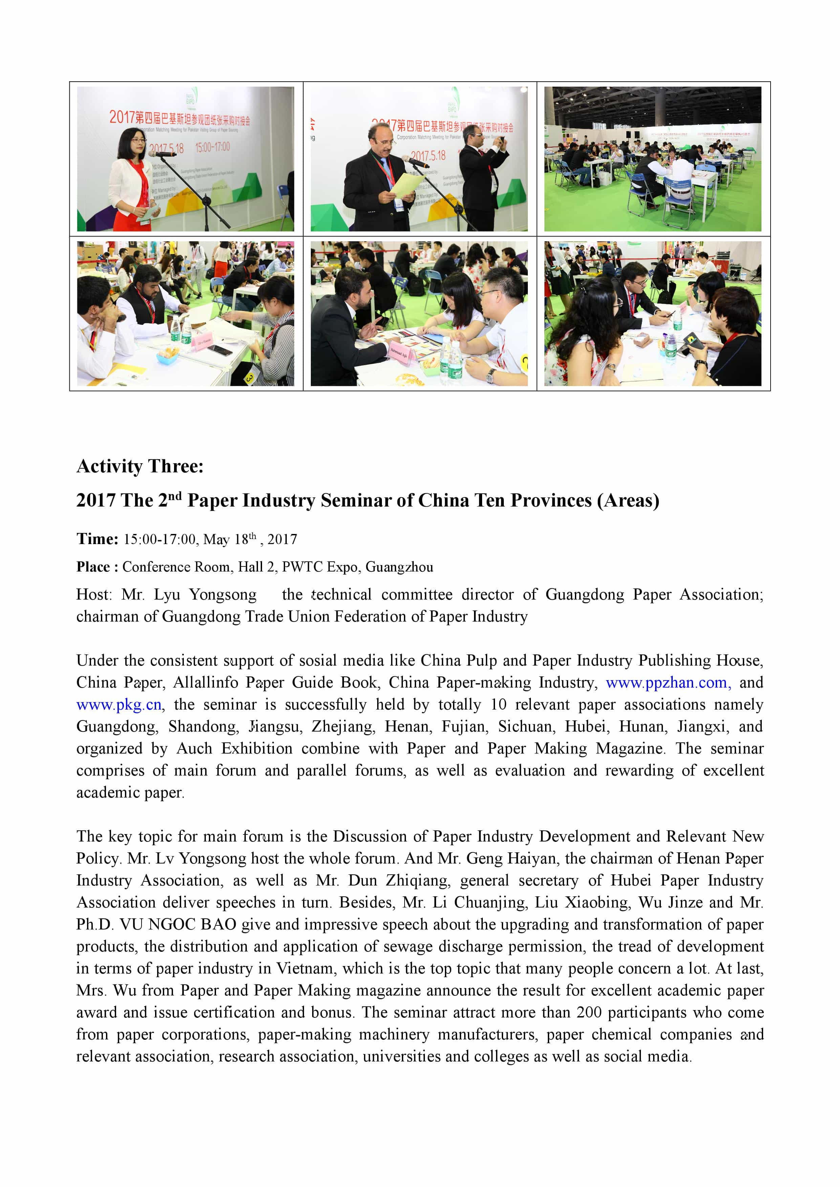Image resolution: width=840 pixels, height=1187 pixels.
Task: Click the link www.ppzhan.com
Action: click(667, 683)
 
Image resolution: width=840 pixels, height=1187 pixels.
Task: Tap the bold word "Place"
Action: click(93, 567)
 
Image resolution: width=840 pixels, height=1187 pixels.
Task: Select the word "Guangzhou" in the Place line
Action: click(399, 567)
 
